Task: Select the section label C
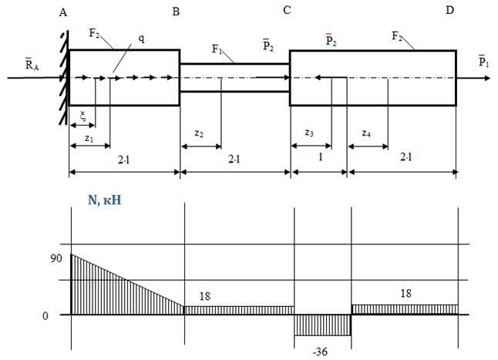point(288,11)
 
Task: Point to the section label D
point(449,11)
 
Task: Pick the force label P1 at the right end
point(483,61)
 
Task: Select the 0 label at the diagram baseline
point(45,315)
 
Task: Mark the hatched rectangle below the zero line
point(323,325)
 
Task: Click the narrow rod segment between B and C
point(234,78)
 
